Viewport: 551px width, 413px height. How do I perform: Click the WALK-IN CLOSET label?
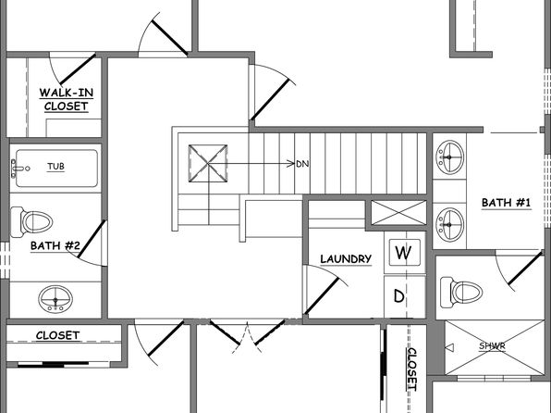coord(66,100)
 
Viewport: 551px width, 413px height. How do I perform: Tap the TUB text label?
coord(55,166)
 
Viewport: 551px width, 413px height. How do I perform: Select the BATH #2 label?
coord(55,245)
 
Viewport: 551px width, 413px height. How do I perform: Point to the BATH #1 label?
coord(506,203)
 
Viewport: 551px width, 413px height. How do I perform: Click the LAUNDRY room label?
coord(346,259)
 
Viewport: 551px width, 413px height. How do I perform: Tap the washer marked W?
coord(404,253)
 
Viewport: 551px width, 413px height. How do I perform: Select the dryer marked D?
coord(399,296)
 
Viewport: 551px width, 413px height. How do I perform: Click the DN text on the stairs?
coord(302,164)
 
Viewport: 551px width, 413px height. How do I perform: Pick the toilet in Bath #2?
coord(31,222)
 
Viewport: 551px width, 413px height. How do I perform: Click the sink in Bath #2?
coord(55,299)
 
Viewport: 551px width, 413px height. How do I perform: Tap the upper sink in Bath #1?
coord(449,157)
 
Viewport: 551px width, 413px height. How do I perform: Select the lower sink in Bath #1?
coord(449,225)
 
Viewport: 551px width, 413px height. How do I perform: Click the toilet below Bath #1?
coord(461,292)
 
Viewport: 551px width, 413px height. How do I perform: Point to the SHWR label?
coord(492,345)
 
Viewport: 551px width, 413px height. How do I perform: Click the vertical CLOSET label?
coord(411,369)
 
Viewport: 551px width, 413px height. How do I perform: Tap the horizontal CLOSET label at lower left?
coord(57,335)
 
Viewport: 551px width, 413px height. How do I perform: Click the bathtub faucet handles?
coord(15,169)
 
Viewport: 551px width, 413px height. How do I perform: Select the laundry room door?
coord(322,295)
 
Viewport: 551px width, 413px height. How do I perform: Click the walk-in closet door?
coord(78,69)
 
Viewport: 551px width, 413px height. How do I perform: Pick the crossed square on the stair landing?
coord(208,163)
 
